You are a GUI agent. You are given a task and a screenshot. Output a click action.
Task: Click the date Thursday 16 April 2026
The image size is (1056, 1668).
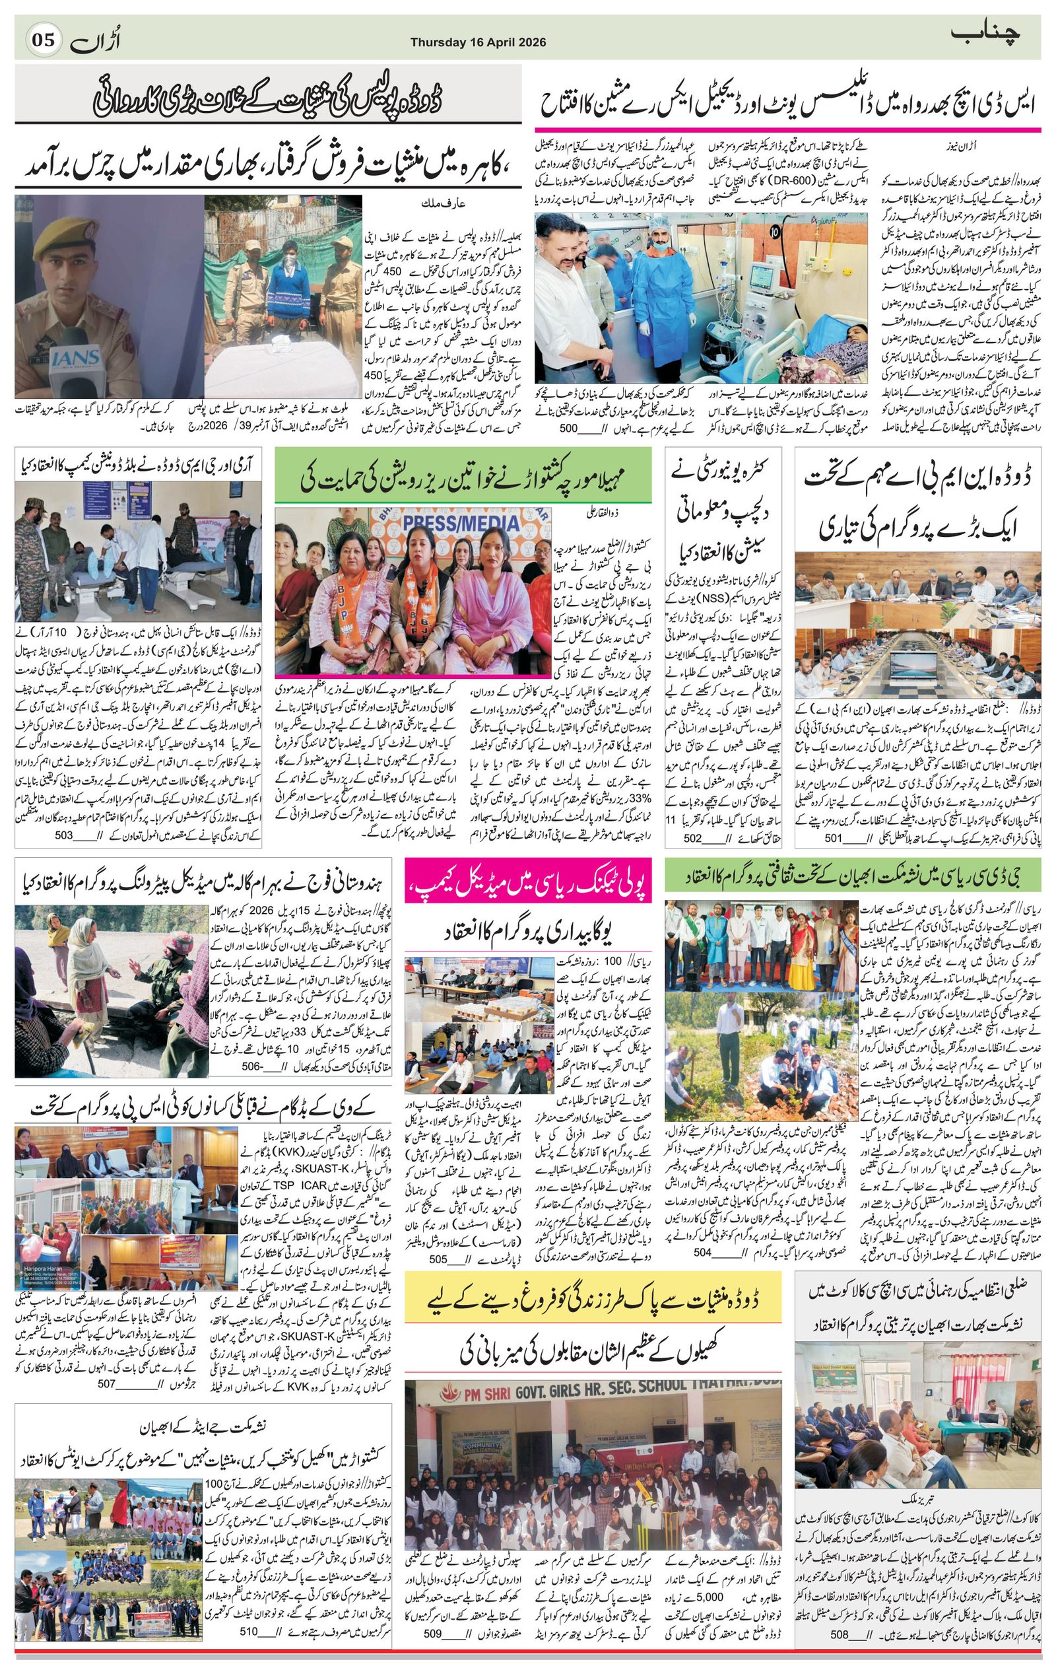coord(478,42)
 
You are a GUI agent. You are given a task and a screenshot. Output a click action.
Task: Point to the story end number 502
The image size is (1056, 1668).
coord(693,838)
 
